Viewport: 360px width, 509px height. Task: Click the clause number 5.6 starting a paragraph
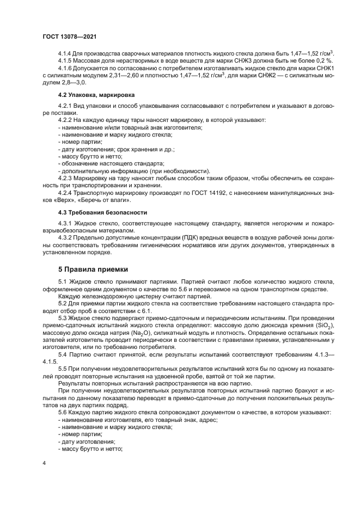coord(63,413)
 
